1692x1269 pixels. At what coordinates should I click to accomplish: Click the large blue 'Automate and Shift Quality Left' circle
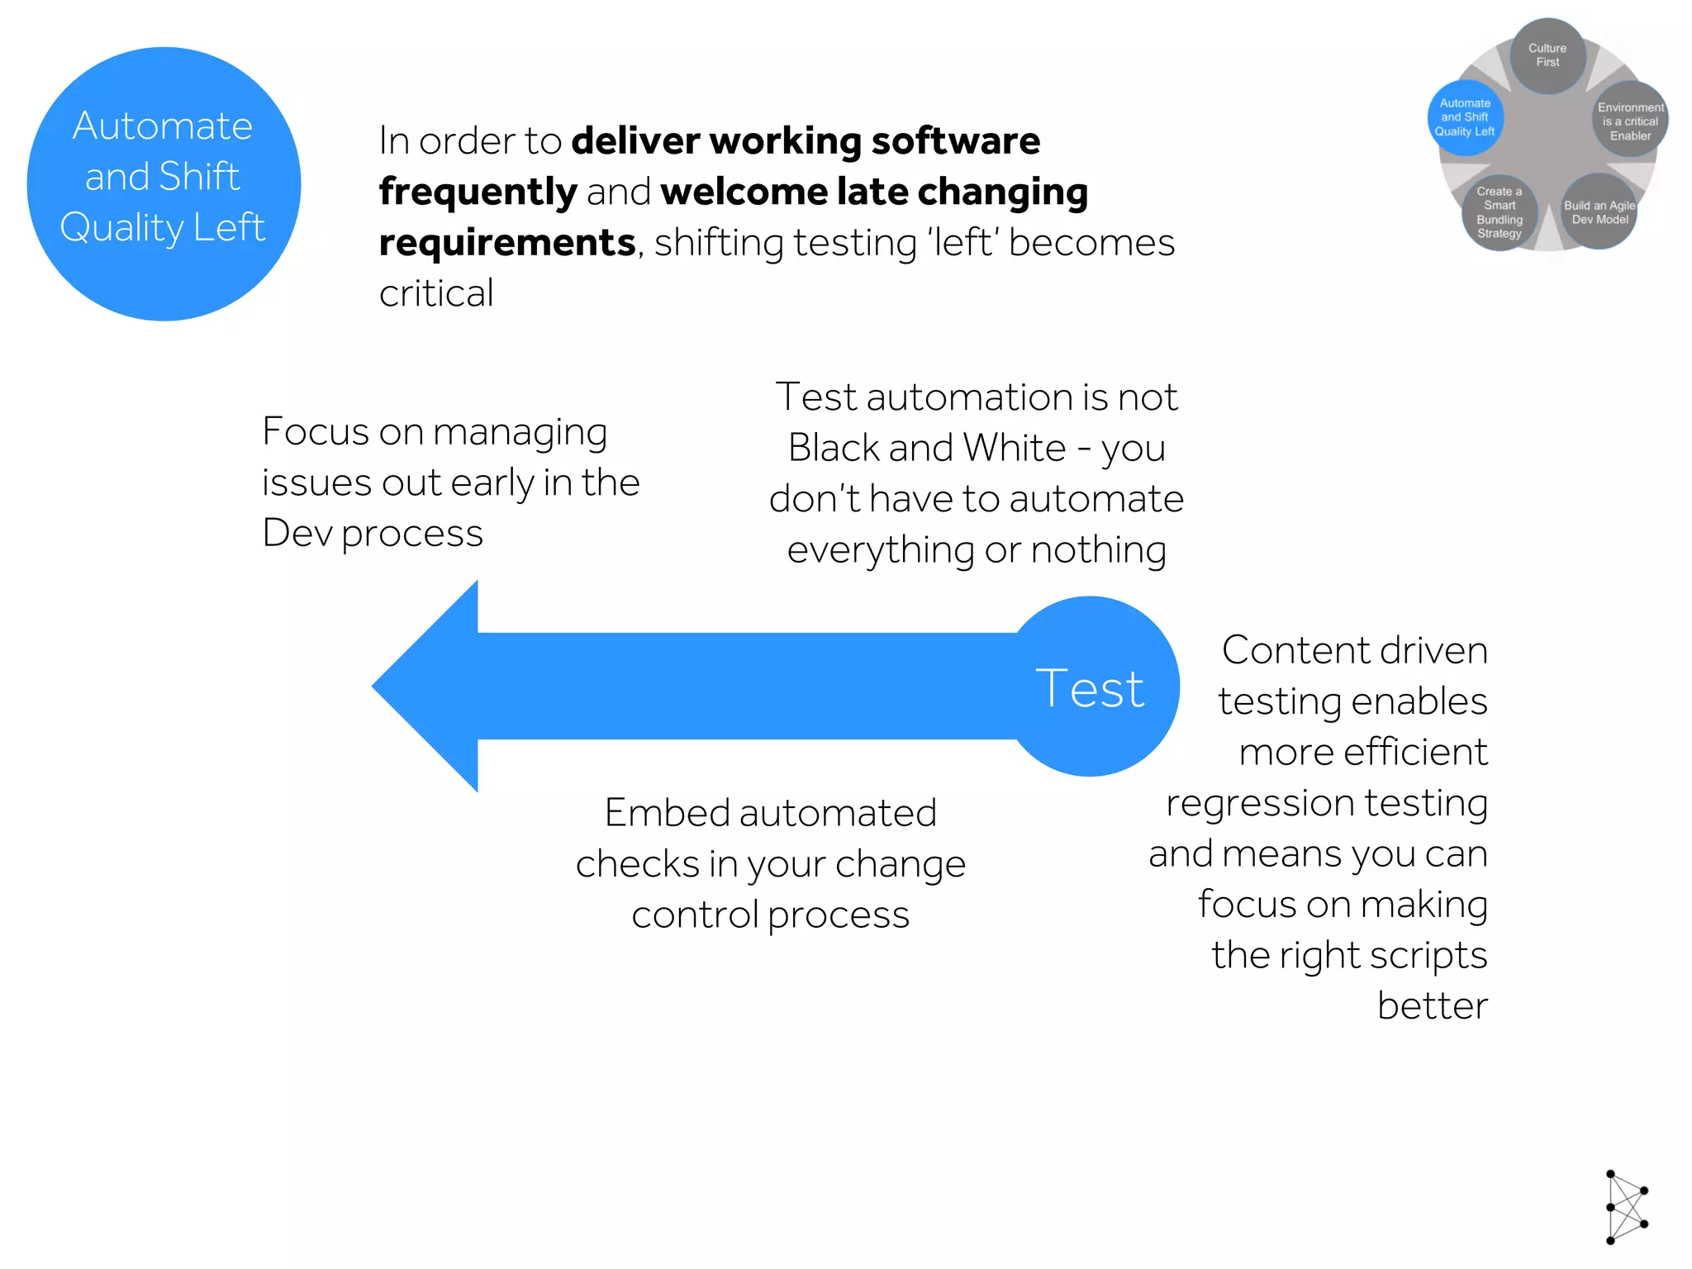(x=164, y=183)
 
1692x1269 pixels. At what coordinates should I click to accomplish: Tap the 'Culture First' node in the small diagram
(x=1547, y=55)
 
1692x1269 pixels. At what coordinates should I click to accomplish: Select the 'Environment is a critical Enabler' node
(x=1630, y=121)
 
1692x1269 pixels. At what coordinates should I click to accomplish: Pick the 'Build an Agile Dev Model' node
(x=1599, y=212)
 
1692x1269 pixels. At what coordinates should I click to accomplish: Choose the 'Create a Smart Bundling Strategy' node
(x=1499, y=212)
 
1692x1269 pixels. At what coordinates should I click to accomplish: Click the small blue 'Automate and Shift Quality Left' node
(x=1465, y=117)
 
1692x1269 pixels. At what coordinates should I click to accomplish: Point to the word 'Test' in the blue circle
(x=1090, y=688)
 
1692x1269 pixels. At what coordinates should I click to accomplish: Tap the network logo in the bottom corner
(x=1626, y=1207)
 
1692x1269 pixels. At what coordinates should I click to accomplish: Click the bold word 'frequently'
(x=478, y=192)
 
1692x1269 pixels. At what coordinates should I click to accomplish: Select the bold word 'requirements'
(x=507, y=243)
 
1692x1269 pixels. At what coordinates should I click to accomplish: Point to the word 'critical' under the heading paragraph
(x=436, y=293)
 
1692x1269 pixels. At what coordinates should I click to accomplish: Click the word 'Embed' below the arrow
(x=667, y=813)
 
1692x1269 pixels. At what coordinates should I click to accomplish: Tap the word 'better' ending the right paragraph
(x=1432, y=1005)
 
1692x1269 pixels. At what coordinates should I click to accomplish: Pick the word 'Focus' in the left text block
(x=315, y=431)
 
